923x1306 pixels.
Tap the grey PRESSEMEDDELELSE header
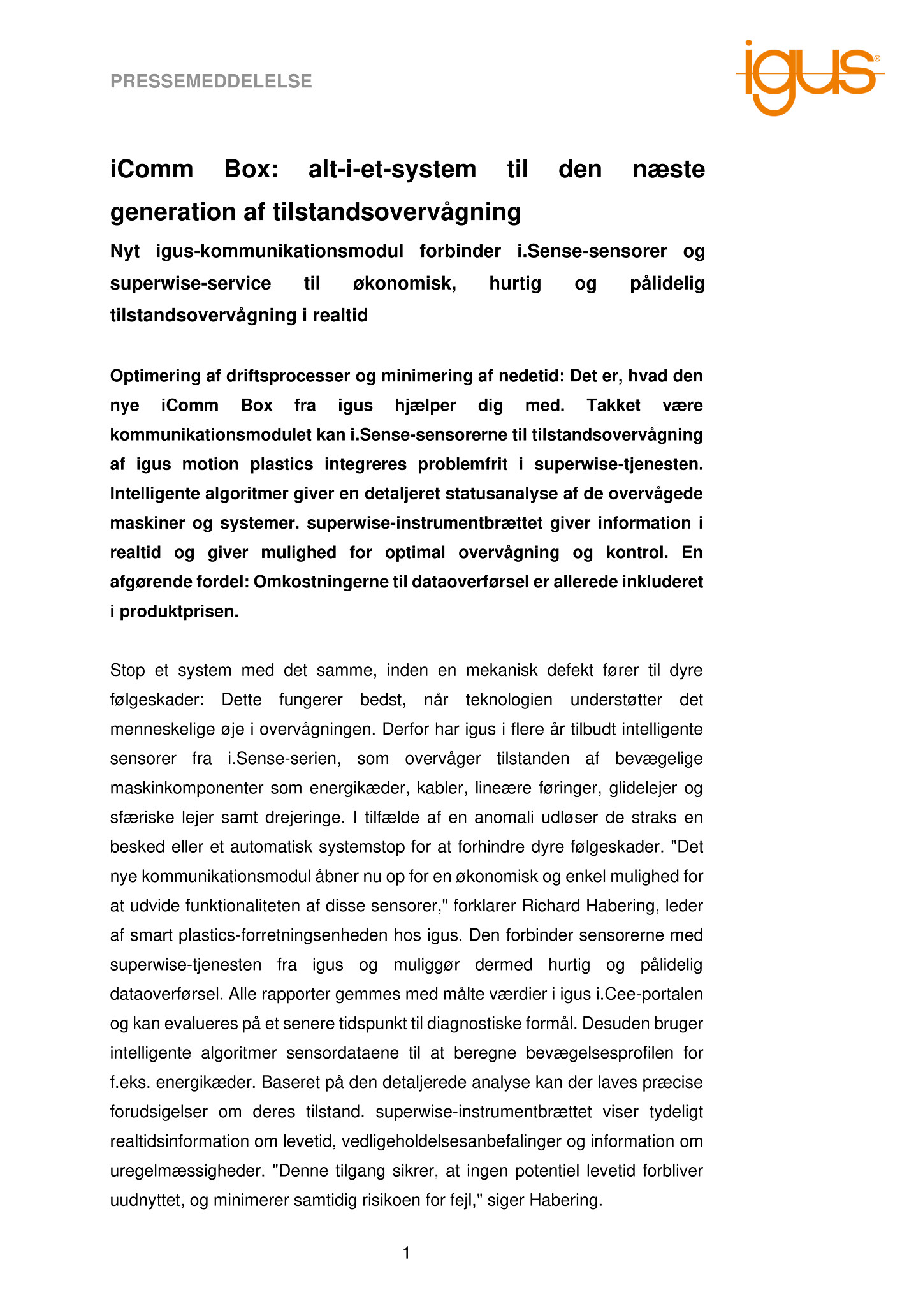click(211, 82)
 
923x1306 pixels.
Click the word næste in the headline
click(669, 170)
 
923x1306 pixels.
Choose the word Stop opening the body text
click(127, 671)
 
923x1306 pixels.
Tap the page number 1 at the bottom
click(407, 1254)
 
